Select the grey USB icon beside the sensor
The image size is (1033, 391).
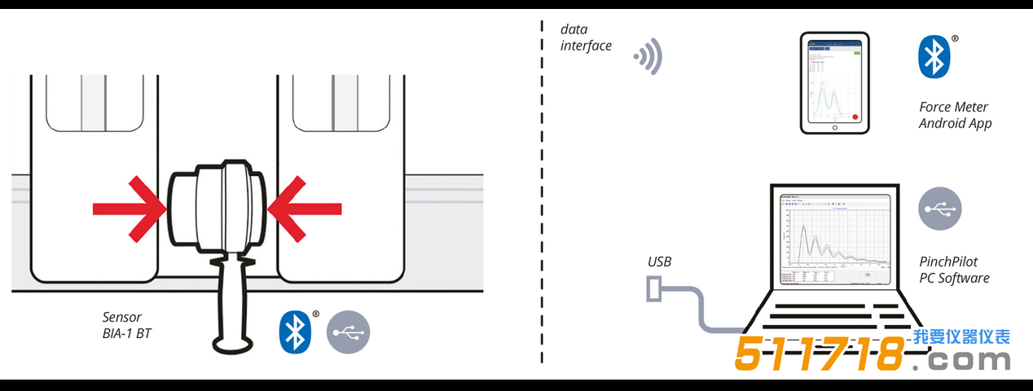[349, 332]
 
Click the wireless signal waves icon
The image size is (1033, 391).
[649, 58]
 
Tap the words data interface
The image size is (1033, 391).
[585, 37]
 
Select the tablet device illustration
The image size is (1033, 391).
[834, 82]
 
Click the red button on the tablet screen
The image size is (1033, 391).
[855, 116]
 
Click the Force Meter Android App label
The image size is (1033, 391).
[954, 115]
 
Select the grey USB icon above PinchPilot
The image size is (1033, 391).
[940, 209]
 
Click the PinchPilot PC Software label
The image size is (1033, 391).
[954, 270]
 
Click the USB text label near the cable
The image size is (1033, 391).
[660, 262]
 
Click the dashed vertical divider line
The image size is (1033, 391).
[542, 195]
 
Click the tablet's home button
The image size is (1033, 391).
[834, 128]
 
